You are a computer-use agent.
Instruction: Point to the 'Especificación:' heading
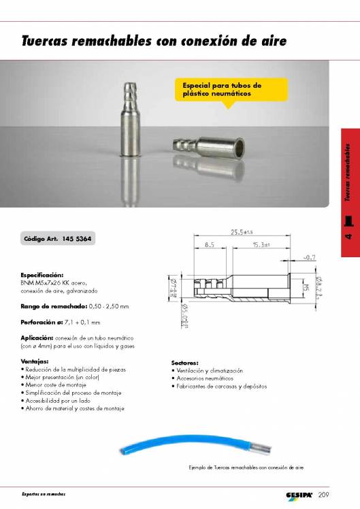click(x=42, y=275)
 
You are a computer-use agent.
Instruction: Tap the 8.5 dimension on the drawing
click(x=209, y=243)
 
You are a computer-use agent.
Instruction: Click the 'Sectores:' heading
click(x=184, y=363)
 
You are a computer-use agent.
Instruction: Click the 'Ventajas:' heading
click(x=34, y=361)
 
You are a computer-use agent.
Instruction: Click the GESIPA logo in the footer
click(x=299, y=494)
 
